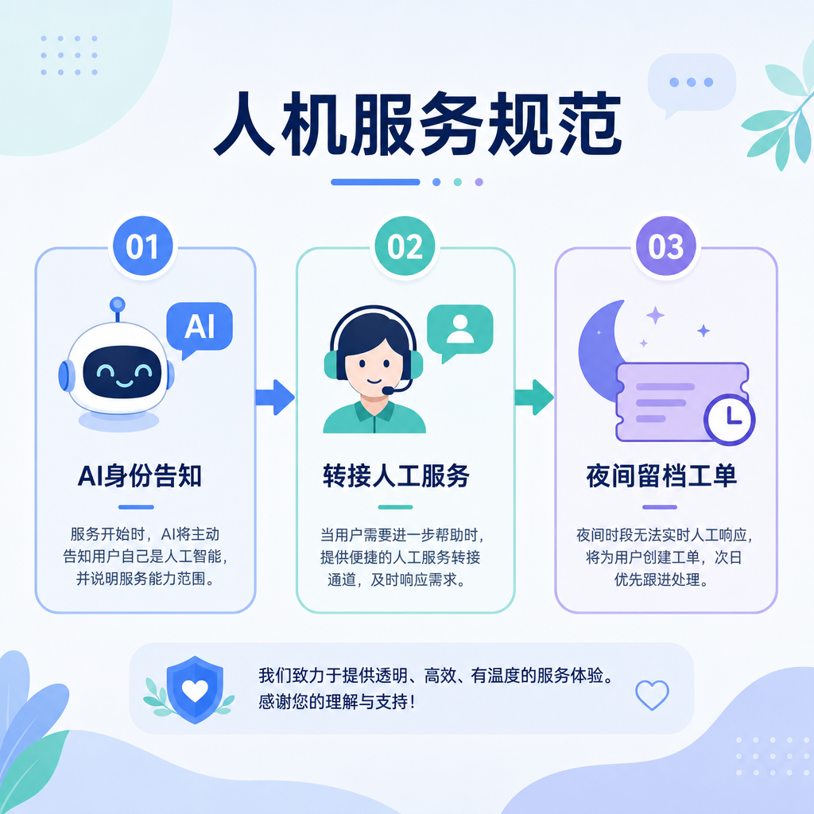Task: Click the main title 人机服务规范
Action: (x=418, y=124)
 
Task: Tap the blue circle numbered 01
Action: (x=143, y=246)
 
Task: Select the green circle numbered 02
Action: (x=405, y=246)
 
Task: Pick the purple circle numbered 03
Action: (x=666, y=246)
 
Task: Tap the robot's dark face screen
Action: (x=122, y=372)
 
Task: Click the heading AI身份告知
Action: (x=140, y=475)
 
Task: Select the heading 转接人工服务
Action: (x=396, y=475)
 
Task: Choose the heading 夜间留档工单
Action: (x=661, y=475)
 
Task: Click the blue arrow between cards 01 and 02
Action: (x=275, y=397)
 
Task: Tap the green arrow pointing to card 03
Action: (x=534, y=397)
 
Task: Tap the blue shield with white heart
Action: (x=195, y=689)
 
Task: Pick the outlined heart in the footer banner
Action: (x=652, y=695)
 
